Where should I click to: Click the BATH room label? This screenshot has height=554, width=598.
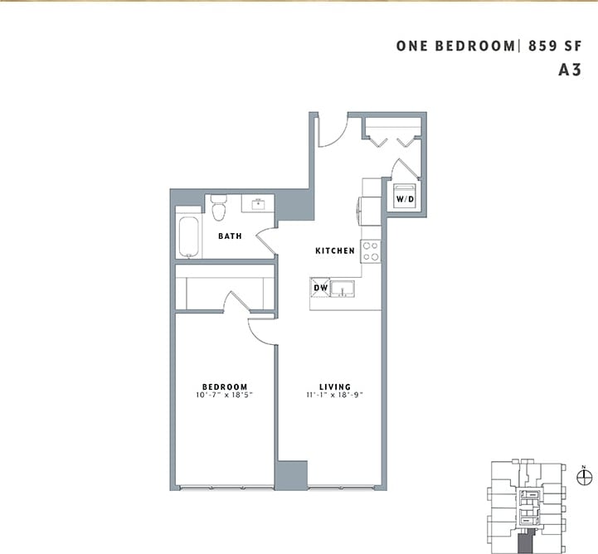pyautogui.click(x=230, y=236)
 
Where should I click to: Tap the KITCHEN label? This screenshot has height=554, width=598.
pyautogui.click(x=335, y=250)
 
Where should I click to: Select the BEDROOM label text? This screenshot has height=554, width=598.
pyautogui.click(x=226, y=386)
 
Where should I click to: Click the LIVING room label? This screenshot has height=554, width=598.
pyautogui.click(x=335, y=386)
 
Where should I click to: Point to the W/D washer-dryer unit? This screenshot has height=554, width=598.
pyautogui.click(x=405, y=199)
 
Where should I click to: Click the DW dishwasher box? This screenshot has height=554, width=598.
pyautogui.click(x=320, y=289)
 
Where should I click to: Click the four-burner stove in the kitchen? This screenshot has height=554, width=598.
pyautogui.click(x=371, y=250)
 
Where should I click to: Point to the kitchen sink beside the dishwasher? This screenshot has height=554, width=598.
pyautogui.click(x=344, y=289)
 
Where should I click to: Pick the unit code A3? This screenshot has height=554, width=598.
pyautogui.click(x=569, y=70)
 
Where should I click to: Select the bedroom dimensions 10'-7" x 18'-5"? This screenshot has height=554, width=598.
pyautogui.click(x=226, y=396)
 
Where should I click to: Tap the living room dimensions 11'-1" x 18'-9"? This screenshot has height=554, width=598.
pyautogui.click(x=335, y=396)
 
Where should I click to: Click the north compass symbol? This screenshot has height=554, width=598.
pyautogui.click(x=585, y=476)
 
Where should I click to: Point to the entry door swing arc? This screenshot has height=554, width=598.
pyautogui.click(x=332, y=133)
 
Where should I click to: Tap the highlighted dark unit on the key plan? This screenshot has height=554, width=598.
pyautogui.click(x=526, y=544)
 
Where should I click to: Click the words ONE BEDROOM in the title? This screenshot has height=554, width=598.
pyautogui.click(x=455, y=46)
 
